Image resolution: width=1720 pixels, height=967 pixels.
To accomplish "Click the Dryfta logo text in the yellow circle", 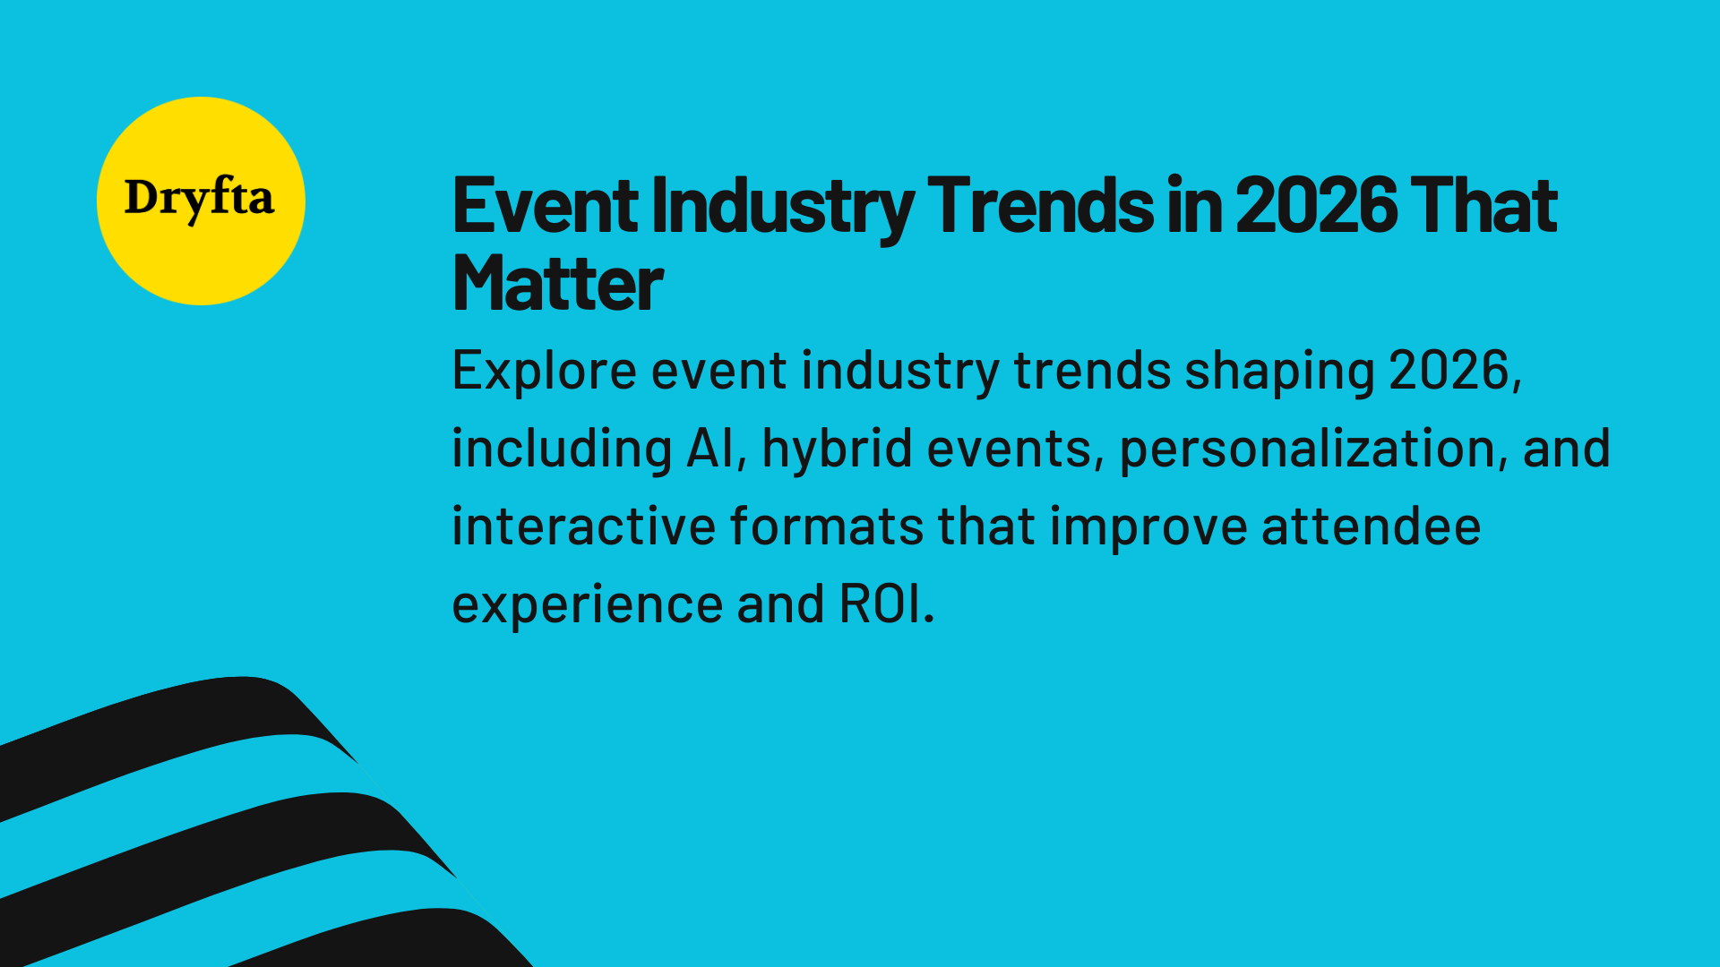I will pyautogui.click(x=199, y=198).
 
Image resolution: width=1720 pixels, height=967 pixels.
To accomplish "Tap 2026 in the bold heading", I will pyautogui.click(x=1316, y=206).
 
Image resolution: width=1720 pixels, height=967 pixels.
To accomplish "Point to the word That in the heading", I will pyautogui.click(x=1483, y=206).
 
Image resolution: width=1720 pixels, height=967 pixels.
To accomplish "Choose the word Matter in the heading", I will pyautogui.click(x=557, y=284).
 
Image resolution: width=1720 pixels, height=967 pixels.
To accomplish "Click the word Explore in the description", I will pyautogui.click(x=544, y=371).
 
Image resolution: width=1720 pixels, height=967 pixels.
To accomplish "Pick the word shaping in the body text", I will pyautogui.click(x=1279, y=372).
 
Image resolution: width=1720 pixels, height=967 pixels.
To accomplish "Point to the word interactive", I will pyautogui.click(x=583, y=526).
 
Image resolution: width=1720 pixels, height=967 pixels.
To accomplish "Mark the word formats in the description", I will pyautogui.click(x=826, y=526).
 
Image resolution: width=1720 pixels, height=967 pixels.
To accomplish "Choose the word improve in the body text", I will pyautogui.click(x=1148, y=528).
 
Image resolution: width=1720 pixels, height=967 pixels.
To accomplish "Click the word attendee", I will pyautogui.click(x=1371, y=526).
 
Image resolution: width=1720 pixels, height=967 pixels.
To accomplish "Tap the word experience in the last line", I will pyautogui.click(x=587, y=606).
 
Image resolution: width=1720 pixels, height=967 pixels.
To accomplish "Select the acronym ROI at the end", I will pyautogui.click(x=881, y=604).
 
